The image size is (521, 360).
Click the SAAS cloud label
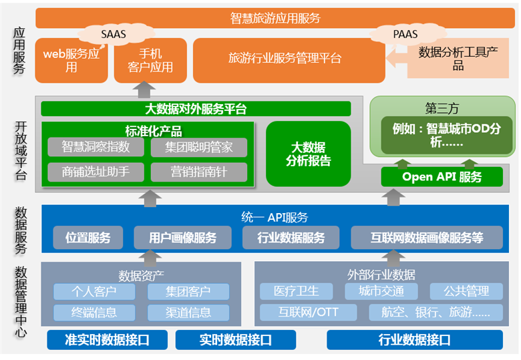(x=114, y=34)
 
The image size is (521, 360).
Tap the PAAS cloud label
(x=405, y=34)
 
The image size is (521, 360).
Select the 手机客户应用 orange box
(x=150, y=60)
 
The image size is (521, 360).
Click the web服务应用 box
(x=71, y=60)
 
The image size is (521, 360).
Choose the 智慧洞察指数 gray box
(x=96, y=147)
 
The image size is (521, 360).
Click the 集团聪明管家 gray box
(x=199, y=147)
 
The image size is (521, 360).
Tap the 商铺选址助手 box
(x=96, y=172)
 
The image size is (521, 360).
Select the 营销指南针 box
(x=199, y=172)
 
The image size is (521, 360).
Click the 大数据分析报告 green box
(x=309, y=154)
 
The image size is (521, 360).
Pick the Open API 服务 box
(x=442, y=177)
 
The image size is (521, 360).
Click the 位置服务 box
(x=88, y=238)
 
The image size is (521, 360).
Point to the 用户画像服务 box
(x=183, y=238)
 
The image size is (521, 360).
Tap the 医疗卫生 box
(x=297, y=291)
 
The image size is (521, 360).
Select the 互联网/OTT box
(x=309, y=312)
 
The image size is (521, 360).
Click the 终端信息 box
(x=94, y=313)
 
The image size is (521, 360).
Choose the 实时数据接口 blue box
(x=236, y=340)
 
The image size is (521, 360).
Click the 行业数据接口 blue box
(x=415, y=340)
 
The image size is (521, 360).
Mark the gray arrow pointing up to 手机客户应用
(x=144, y=89)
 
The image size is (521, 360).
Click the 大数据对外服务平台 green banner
(x=196, y=109)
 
